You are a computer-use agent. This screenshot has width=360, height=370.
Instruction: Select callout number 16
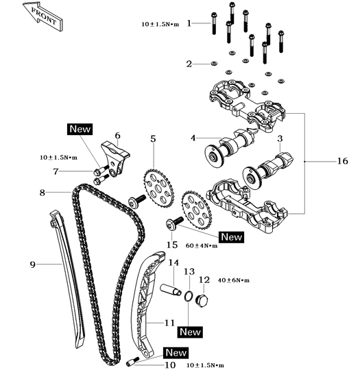pos(342,162)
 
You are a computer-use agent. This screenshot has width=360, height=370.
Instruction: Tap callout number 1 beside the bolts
pos(193,23)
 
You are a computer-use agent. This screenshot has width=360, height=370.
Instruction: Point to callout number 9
pos(32,262)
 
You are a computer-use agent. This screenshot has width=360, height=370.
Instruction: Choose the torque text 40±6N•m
pos(233,281)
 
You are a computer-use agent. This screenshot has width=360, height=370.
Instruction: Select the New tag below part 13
pos(189,332)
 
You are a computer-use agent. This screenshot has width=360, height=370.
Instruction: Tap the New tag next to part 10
pos(176,353)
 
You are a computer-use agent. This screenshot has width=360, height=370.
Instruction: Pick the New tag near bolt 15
pos(231,236)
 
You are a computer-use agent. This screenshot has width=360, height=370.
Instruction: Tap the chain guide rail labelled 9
pos(68,274)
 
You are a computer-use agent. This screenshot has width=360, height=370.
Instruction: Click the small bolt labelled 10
pos(134,360)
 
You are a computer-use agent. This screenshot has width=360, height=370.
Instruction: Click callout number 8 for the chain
pos(43,193)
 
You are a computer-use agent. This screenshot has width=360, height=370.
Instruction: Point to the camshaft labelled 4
pos(220,147)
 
